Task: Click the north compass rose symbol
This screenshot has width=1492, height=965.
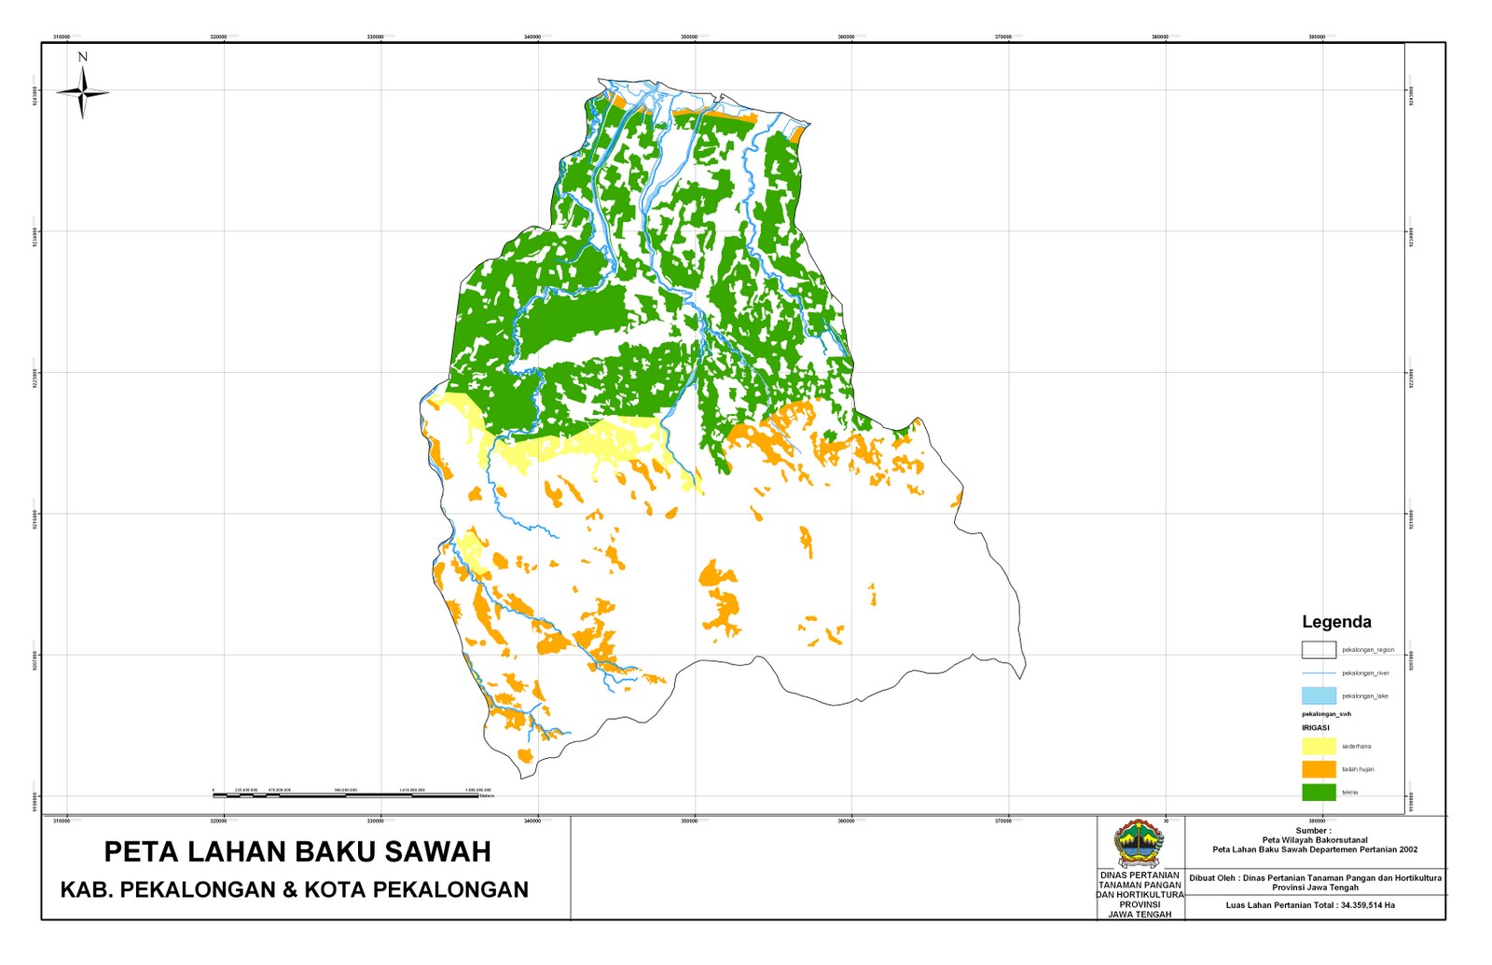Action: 83,93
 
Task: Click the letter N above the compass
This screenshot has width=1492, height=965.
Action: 82,57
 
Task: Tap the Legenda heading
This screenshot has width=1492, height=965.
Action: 1335,622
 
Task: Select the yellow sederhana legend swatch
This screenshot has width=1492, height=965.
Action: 1319,746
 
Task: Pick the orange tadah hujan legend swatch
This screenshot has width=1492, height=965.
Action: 1319,769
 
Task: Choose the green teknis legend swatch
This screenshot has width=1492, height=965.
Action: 1319,793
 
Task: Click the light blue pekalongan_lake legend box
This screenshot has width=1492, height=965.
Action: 1319,696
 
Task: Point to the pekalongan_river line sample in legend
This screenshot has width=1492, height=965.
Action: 1319,673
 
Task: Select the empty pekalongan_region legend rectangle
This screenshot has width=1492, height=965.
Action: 1319,650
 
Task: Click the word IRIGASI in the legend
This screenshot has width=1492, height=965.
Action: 1315,728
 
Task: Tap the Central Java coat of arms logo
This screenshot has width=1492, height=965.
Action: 1139,844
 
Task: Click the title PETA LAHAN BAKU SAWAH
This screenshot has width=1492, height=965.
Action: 297,851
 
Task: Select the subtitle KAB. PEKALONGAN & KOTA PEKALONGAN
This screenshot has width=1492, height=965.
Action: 294,890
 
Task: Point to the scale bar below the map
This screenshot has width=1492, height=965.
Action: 352,794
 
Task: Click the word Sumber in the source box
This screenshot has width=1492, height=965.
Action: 1312,831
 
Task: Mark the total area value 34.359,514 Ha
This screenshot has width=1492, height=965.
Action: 1367,905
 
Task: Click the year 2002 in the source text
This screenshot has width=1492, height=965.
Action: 1408,849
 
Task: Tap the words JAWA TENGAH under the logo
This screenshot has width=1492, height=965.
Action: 1139,915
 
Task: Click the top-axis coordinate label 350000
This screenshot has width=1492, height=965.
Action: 689,37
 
